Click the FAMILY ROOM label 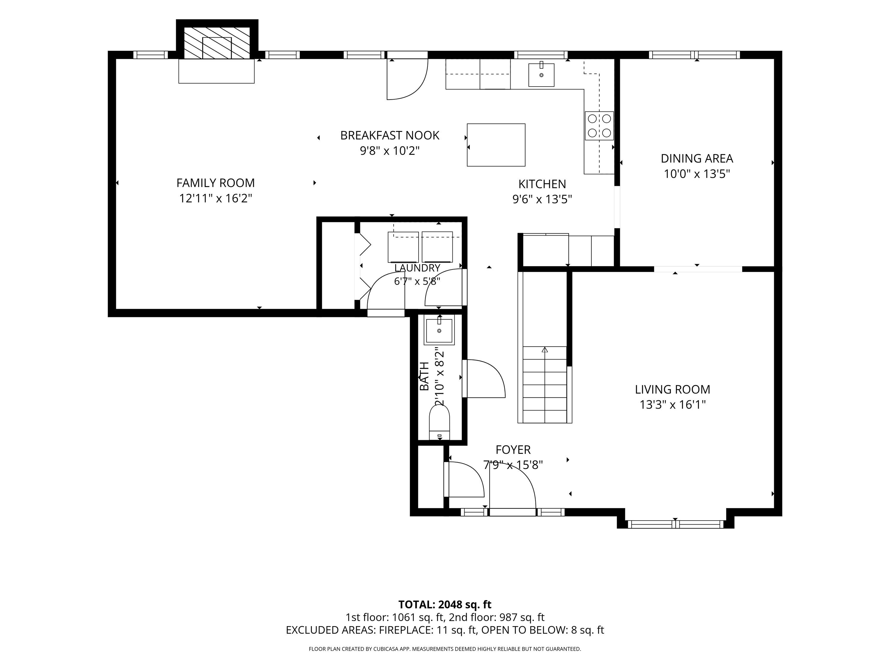pos(216,183)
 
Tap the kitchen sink pos(541,75)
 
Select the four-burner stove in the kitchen pos(599,125)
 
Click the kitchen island pos(496,145)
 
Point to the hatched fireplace pos(217,43)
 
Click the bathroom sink pos(439,330)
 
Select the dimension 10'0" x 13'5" pos(697,174)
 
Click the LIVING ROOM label pos(672,389)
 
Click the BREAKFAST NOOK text pos(390,135)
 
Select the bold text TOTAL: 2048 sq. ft pos(445,604)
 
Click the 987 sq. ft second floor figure pos(522,617)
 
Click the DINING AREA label pos(697,158)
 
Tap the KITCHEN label pos(542,184)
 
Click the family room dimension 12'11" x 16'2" pos(216,199)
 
